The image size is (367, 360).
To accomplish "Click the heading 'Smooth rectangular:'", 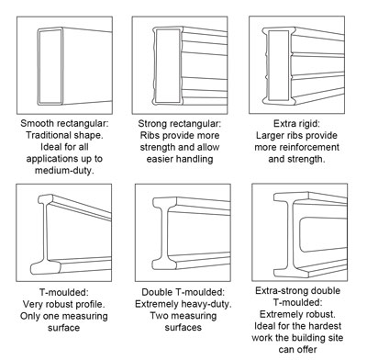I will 61,120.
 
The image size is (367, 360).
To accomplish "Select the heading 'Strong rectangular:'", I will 181,120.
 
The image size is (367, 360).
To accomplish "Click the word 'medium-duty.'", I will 61,171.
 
